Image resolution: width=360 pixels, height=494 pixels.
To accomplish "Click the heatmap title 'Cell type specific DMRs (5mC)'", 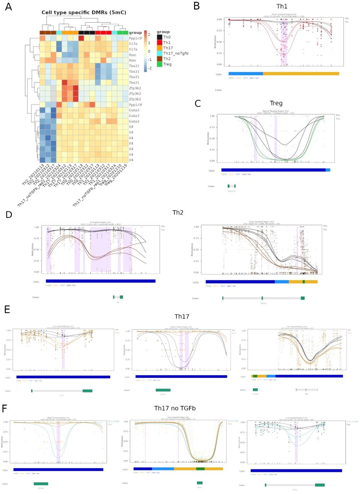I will (x=84, y=12).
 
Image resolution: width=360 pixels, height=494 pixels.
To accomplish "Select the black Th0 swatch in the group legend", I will (x=159, y=37).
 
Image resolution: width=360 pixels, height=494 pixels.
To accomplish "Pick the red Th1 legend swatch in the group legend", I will (x=159, y=42).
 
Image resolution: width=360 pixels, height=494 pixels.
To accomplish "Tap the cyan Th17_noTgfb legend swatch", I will (x=159, y=53).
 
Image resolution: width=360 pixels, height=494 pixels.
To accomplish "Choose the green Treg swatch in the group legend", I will (x=159, y=64).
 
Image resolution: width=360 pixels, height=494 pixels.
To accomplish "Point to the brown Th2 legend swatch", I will (x=159, y=59).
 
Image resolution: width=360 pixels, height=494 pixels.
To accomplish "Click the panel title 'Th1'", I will (x=282, y=7).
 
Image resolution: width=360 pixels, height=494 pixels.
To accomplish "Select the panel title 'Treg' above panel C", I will (x=276, y=103).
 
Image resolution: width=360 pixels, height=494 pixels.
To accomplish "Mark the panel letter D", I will (x=8, y=215).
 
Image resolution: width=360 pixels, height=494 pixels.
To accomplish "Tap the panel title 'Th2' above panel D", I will (x=178, y=212).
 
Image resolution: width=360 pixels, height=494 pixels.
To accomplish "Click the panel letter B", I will (x=196, y=6).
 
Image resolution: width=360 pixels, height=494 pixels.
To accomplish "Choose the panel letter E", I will (x=7, y=310).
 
